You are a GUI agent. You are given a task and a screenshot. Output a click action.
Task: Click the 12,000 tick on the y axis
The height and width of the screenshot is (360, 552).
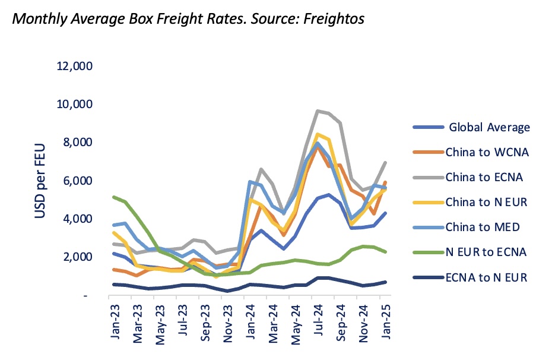(74, 66)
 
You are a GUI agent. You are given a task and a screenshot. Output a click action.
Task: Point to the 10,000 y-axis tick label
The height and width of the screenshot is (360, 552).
(74, 105)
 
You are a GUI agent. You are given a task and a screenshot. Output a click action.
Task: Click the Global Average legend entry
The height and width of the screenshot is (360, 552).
(489, 127)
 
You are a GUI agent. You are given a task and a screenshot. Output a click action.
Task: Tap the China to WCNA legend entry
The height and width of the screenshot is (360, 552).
(487, 153)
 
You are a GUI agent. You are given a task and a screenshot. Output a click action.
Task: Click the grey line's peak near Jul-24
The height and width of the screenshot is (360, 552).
(318, 111)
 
